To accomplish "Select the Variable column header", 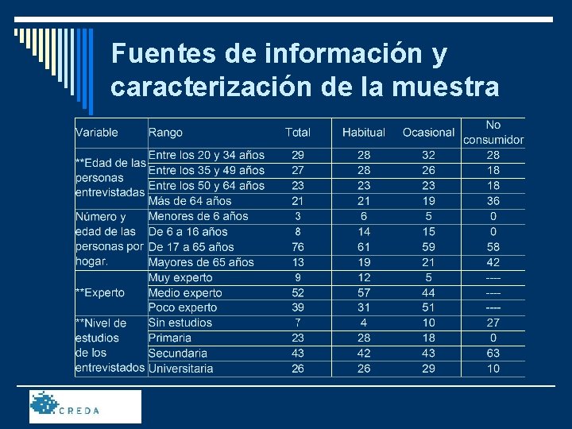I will point(96,133).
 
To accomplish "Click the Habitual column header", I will point(363,133).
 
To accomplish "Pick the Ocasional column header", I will point(428,133).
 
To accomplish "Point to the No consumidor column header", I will point(493,132).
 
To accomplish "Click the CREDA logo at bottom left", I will point(85,406).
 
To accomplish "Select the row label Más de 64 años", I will point(190,201).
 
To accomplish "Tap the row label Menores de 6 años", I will point(199,216).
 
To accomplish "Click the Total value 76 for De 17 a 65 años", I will point(298,247).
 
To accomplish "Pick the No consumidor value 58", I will point(493,247).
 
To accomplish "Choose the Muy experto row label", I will point(180,278).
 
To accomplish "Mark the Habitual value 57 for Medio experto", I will point(364,293).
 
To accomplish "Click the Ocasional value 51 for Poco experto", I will point(429,307).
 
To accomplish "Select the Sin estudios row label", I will point(180,323).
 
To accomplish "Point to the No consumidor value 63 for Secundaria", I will point(493,354).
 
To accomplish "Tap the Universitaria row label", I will point(181,369).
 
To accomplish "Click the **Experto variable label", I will point(100,293).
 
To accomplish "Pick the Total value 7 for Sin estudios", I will point(298,323).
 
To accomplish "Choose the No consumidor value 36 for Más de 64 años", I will point(493,201).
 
